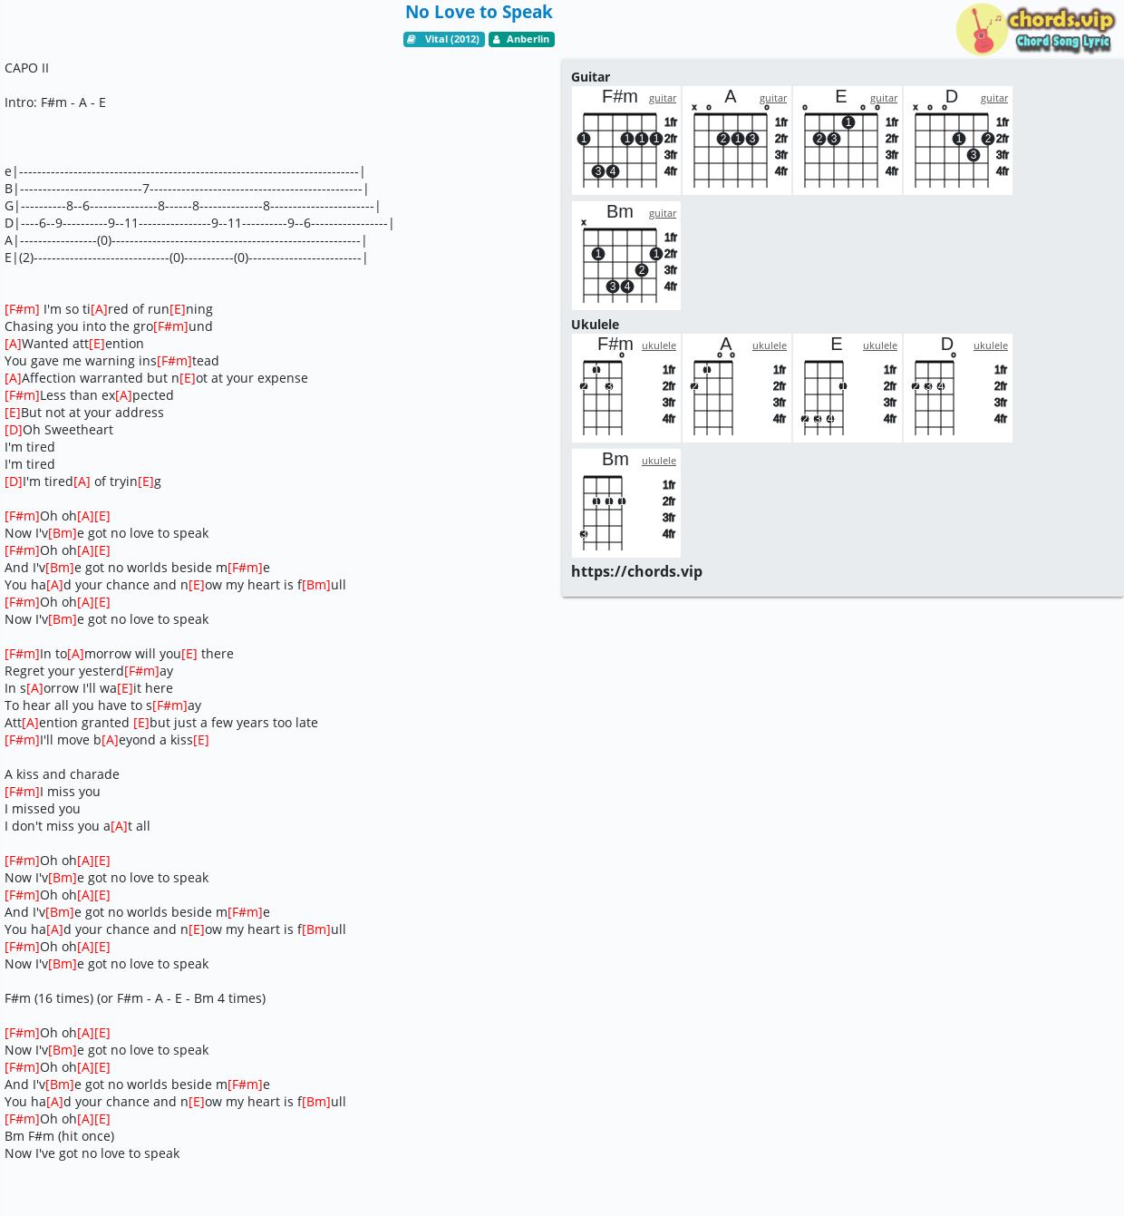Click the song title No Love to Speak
coord(479,13)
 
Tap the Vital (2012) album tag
coord(444,39)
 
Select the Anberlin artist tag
coord(521,39)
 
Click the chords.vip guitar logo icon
coord(982,29)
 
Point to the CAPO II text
coord(26,68)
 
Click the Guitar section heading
coord(590,77)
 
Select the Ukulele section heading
coord(595,325)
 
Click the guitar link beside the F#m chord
coord(663,98)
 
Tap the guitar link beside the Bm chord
coord(663,213)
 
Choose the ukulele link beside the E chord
coord(880,345)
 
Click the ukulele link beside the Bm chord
coord(659,461)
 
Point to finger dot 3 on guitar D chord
coord(974,155)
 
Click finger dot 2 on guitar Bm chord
coord(642,270)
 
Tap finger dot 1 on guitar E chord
coord(848,122)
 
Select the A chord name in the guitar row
coord(730,97)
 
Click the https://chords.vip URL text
coord(636,571)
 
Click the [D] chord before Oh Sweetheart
coord(14,430)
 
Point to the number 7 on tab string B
coord(146,189)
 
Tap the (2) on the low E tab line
coord(26,258)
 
